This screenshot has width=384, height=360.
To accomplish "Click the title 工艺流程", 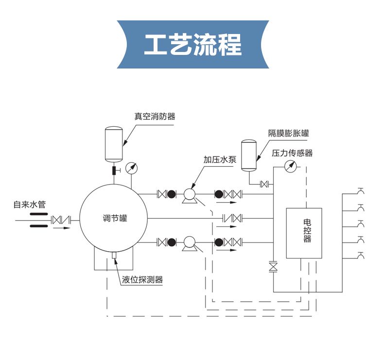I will (193, 45).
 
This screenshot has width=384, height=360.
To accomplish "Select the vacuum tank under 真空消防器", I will (114, 144).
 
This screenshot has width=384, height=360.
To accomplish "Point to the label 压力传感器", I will (292, 153).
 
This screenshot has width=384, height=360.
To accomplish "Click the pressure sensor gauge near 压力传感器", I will (290, 166).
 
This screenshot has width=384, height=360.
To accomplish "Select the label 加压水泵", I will (219, 159).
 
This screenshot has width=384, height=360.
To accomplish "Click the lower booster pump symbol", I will (189, 242).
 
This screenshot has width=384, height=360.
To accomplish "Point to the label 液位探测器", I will (142, 279).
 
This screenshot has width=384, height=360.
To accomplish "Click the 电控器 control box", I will (304, 233).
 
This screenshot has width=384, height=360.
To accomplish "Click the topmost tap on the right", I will (360, 190).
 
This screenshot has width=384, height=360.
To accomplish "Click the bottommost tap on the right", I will (360, 255).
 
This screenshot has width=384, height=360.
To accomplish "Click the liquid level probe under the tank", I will (114, 255).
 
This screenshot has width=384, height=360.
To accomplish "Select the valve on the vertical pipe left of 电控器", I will (273, 267).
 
